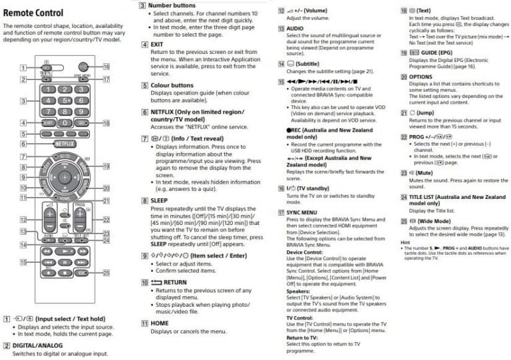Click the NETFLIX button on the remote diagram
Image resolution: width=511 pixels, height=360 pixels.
pos(64,143)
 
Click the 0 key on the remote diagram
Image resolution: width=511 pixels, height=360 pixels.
pos(64,123)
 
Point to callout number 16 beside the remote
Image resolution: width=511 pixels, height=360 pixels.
pos(106,67)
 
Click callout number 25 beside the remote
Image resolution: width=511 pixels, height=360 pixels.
pos(106,273)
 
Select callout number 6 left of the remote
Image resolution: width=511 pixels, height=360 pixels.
pos(23,143)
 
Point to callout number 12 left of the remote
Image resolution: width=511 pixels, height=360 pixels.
pos(23,220)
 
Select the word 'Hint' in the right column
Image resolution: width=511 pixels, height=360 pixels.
pos(405,243)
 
